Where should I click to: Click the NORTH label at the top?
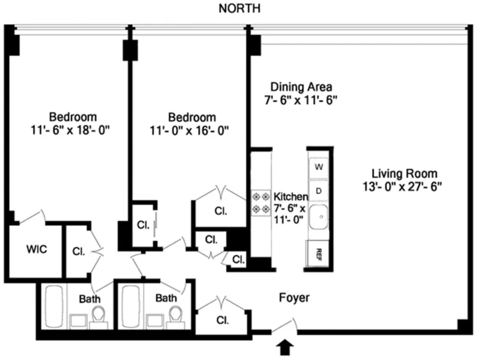239,8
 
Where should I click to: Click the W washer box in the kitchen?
319,166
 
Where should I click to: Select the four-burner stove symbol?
261,202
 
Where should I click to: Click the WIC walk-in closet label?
36,249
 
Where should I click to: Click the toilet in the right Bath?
176,315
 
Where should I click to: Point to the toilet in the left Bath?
99,315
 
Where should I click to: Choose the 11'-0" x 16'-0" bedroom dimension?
191,129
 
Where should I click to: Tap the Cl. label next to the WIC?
78,251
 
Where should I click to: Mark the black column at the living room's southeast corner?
463,325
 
